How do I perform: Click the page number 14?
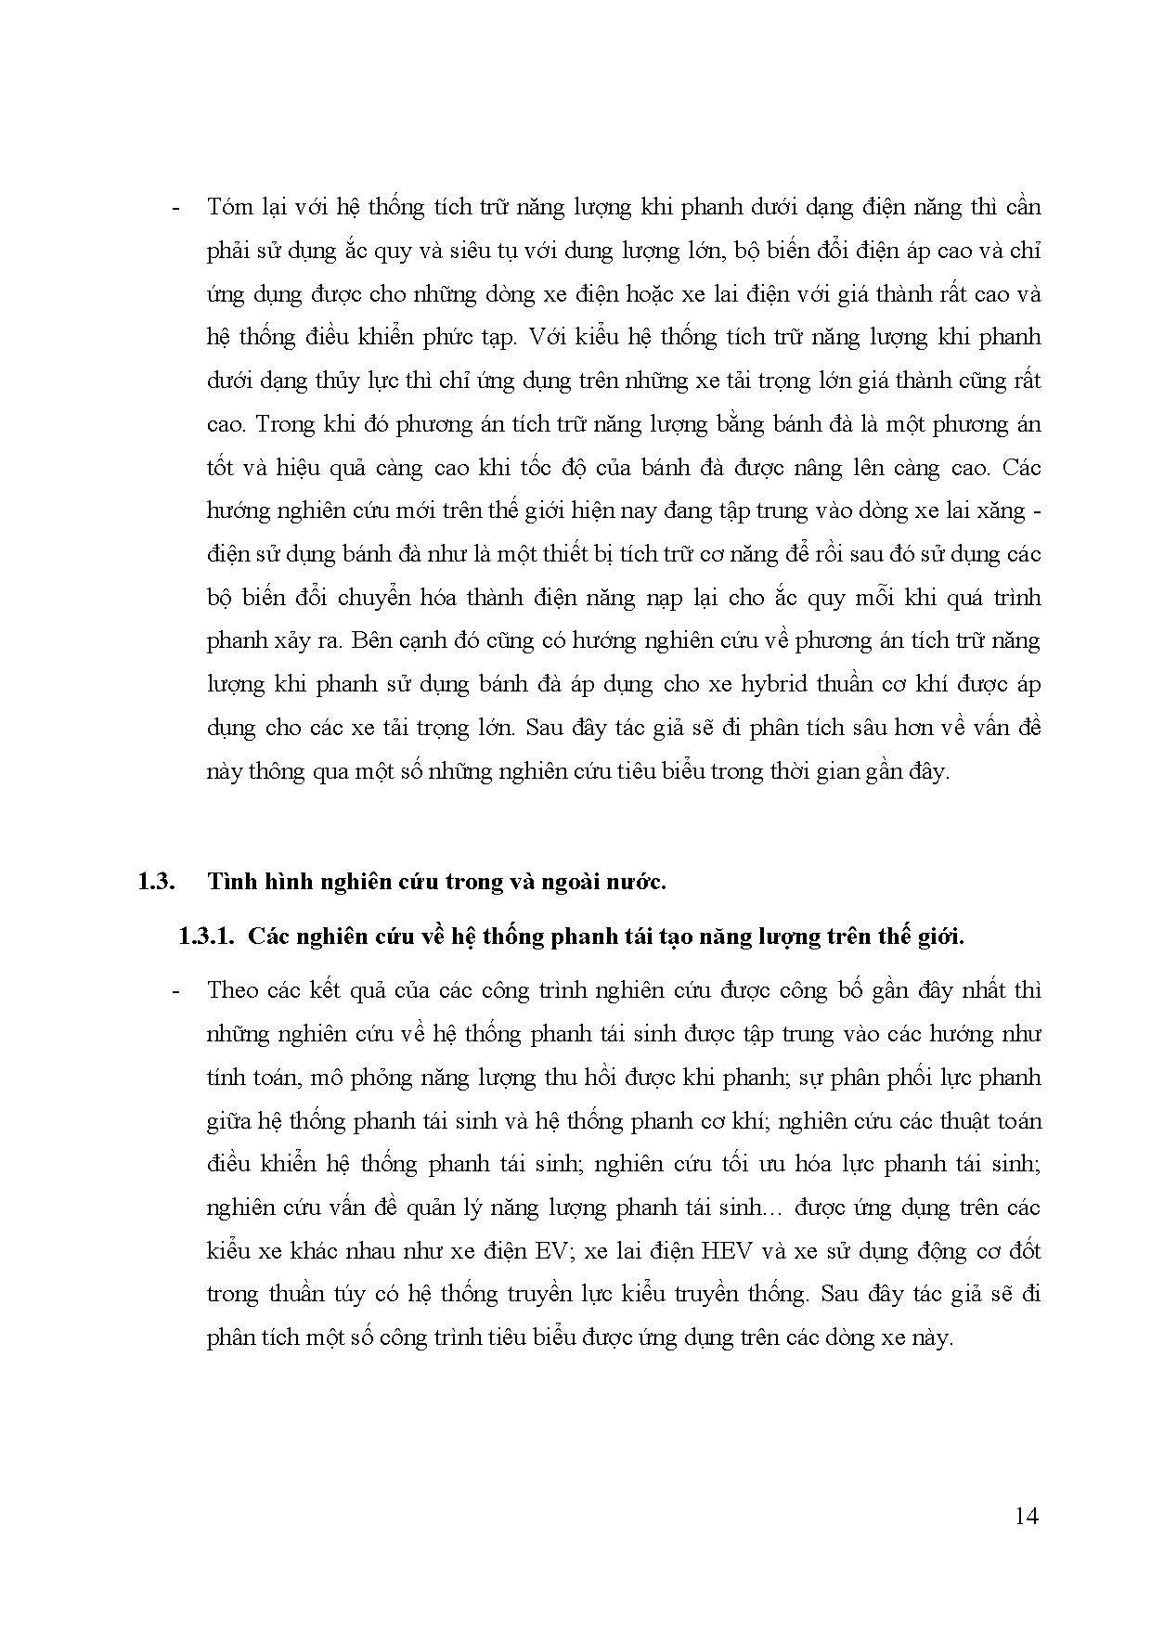point(1027,1516)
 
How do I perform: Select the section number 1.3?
point(157,883)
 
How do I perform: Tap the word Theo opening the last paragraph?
point(233,990)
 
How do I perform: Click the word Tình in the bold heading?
point(232,883)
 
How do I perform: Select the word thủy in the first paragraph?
point(317,381)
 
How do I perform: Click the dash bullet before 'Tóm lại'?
point(175,208)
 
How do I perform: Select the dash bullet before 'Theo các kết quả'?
point(175,991)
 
